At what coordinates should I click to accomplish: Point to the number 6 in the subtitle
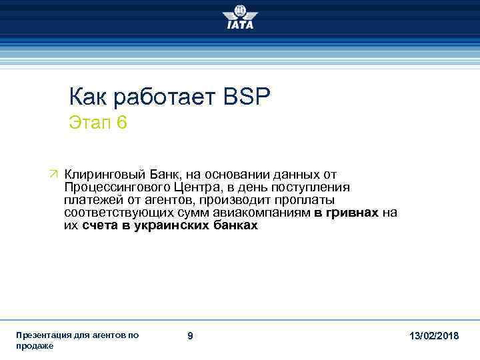121,123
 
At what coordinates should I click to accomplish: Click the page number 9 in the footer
190,337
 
